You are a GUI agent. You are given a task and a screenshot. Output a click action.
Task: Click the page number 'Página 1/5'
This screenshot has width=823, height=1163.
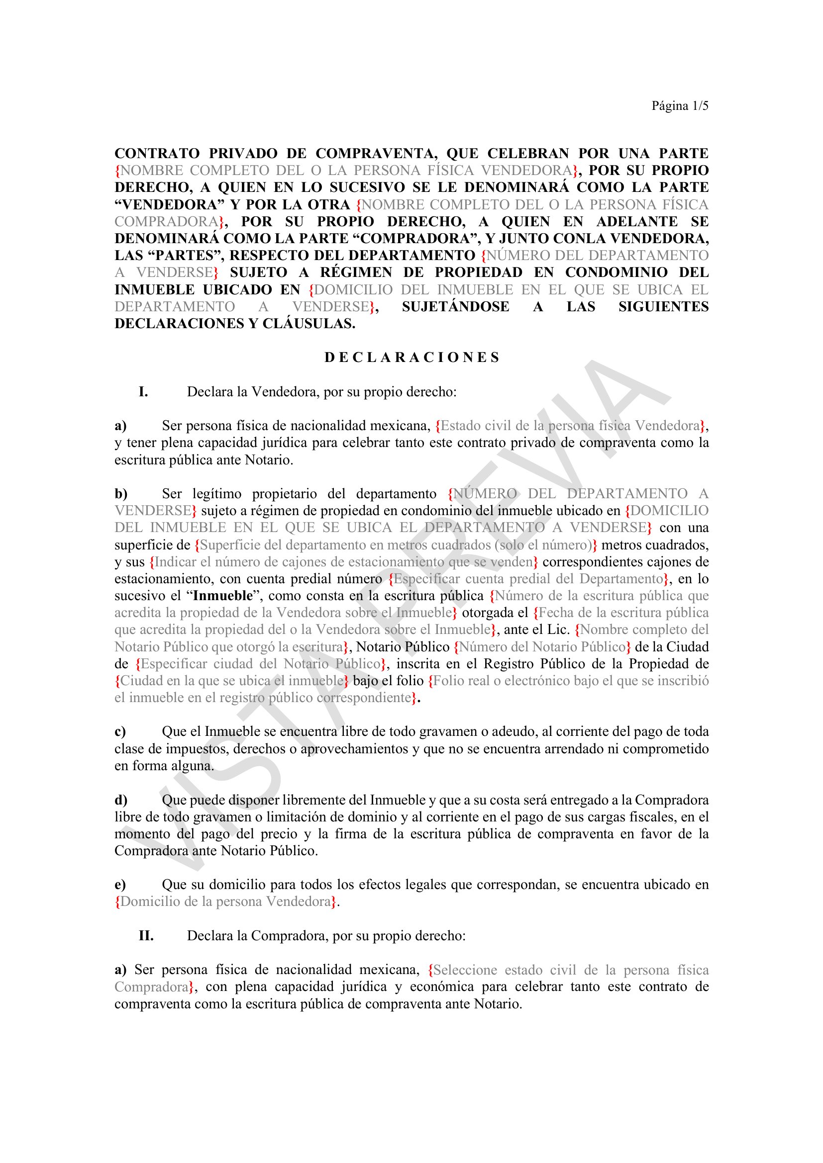(680, 106)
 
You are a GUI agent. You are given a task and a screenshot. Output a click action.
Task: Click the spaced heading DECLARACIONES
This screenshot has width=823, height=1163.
(411, 358)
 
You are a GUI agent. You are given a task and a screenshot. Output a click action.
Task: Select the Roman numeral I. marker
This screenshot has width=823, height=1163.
(143, 391)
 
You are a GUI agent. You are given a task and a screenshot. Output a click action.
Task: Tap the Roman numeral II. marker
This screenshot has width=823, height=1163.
(146, 936)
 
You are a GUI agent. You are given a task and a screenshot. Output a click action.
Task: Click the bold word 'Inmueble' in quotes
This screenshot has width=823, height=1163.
(222, 596)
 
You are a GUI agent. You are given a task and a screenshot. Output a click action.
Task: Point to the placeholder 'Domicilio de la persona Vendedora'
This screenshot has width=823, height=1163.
(226, 901)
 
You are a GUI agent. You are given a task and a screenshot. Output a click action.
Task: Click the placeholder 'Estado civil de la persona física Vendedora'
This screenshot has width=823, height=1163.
(570, 426)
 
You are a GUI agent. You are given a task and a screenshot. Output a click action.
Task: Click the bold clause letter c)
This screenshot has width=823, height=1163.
(120, 731)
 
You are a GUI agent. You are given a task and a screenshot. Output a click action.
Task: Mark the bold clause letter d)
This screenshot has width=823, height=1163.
(120, 800)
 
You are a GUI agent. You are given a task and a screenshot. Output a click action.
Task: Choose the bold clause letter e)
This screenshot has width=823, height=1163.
(120, 885)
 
